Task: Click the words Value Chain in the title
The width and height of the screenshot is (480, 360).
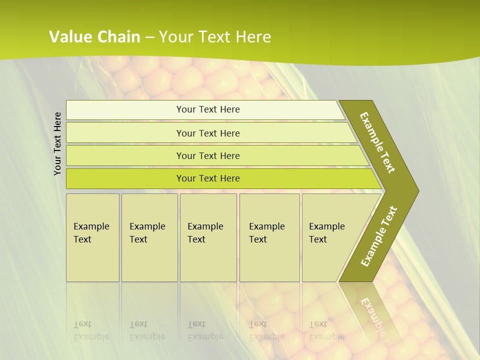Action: (94, 36)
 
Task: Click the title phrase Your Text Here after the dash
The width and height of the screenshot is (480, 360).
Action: (215, 36)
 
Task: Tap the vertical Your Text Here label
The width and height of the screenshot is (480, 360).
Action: (57, 143)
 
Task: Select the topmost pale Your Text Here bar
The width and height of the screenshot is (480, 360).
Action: (207, 109)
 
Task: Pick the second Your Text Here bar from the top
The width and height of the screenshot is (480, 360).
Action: (207, 133)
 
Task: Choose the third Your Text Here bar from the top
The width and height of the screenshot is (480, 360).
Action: (207, 155)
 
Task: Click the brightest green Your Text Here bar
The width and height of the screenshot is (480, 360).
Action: (207, 178)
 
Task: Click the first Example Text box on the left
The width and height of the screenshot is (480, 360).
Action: (92, 237)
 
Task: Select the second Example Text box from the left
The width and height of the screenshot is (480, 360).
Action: (149, 237)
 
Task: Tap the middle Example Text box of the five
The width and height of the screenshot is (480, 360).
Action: (208, 237)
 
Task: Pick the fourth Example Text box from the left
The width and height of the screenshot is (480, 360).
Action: (269, 237)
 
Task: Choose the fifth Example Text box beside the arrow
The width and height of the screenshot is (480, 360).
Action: (330, 237)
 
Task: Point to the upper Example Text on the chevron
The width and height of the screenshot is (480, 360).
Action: (378, 142)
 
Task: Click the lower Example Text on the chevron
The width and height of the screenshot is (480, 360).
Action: (379, 236)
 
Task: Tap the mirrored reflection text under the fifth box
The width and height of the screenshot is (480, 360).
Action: (327, 330)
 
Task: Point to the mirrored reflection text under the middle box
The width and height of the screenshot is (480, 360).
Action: (205, 330)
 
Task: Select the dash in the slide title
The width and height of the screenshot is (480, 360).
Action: (149, 37)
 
